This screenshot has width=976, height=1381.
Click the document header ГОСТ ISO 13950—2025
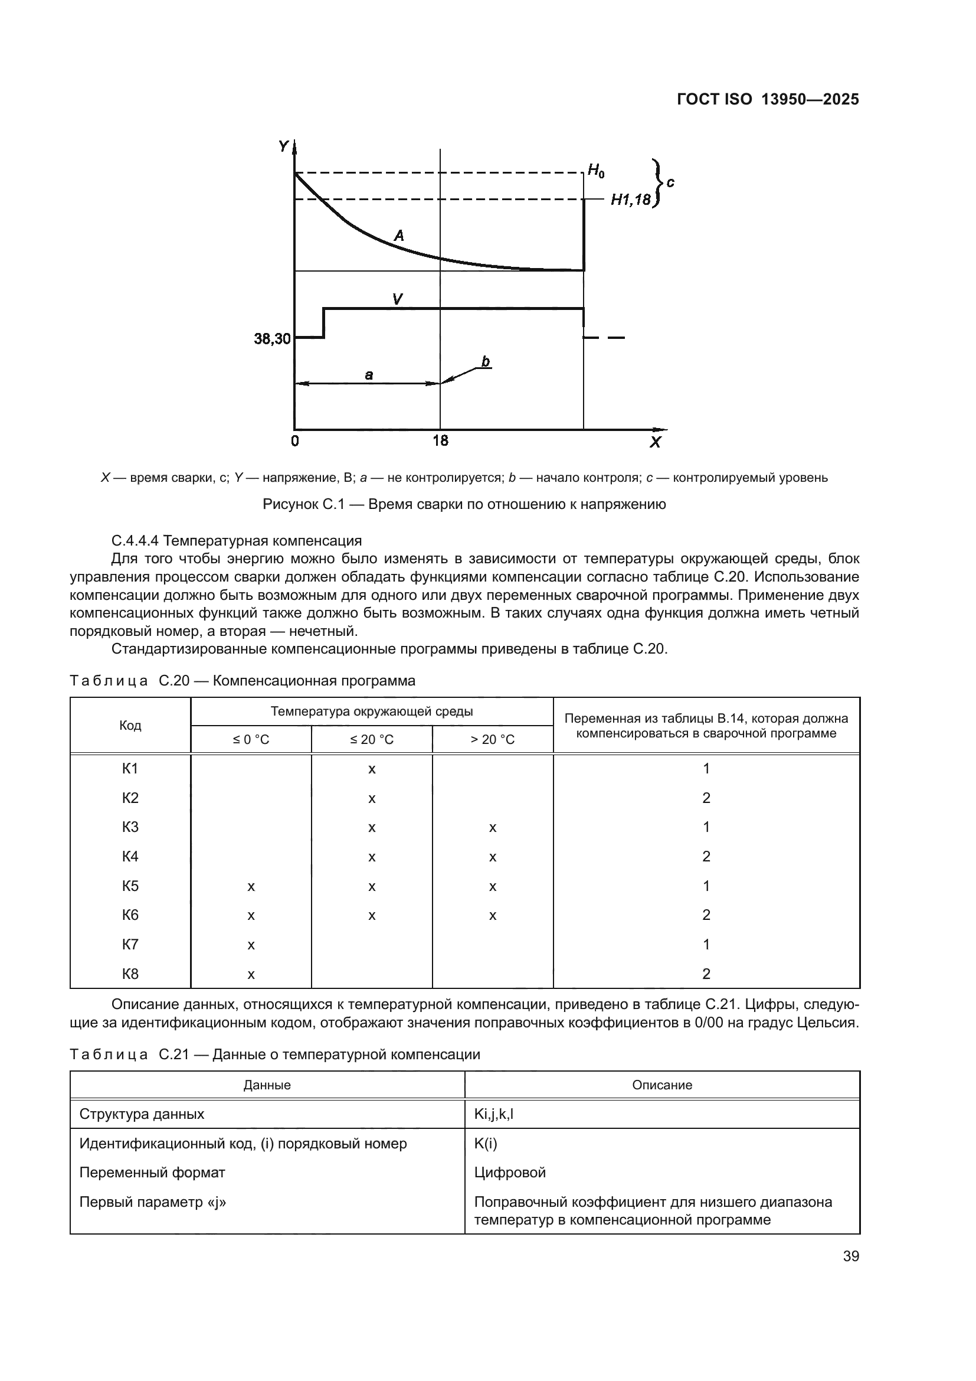coord(768,99)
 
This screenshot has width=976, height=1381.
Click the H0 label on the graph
coord(595,171)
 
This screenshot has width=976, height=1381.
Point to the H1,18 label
coord(630,200)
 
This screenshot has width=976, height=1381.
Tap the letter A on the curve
coord(398,236)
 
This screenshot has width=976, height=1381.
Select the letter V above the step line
coord(397,298)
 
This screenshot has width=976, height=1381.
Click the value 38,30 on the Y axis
coord(272,339)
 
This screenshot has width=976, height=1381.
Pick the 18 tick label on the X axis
coord(440,441)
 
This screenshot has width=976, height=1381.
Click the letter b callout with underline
coord(485,361)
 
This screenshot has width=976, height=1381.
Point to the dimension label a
coord(369,375)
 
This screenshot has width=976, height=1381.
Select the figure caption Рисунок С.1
coord(464,504)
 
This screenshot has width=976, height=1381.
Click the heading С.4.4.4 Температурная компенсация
coord(236,540)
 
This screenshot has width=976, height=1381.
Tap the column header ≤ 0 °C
coord(251,739)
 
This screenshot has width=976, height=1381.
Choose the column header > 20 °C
coord(492,739)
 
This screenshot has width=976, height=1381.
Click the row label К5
coord(130,886)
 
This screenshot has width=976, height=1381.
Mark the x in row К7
coord(251,944)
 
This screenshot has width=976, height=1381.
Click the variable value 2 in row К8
coord(706,973)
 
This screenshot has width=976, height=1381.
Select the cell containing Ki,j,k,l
coord(493,1114)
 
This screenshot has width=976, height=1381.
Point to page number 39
coord(850,1256)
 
